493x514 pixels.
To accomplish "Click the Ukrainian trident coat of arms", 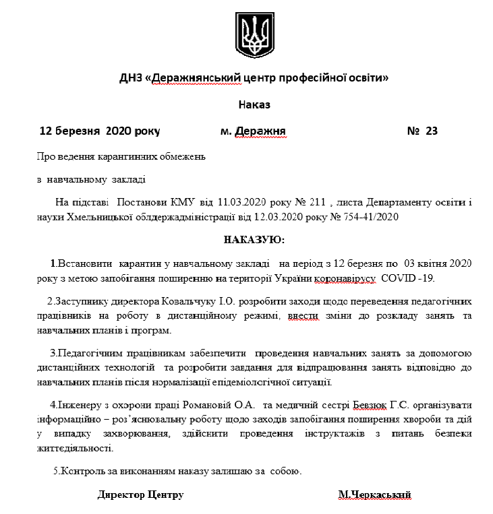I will [x=254, y=33].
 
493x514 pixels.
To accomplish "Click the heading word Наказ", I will [x=254, y=104].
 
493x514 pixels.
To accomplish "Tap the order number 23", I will [x=432, y=131].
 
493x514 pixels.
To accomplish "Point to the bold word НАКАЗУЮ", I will [x=254, y=239].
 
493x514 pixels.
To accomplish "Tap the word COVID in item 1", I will [x=399, y=278].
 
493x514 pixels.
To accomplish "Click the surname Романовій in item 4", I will [x=209, y=406].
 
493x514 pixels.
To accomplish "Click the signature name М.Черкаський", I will [x=374, y=495].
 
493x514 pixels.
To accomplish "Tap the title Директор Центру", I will [x=140, y=495].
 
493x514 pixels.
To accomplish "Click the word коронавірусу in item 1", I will [x=346, y=278].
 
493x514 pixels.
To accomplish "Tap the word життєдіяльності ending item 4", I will [x=75, y=448].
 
